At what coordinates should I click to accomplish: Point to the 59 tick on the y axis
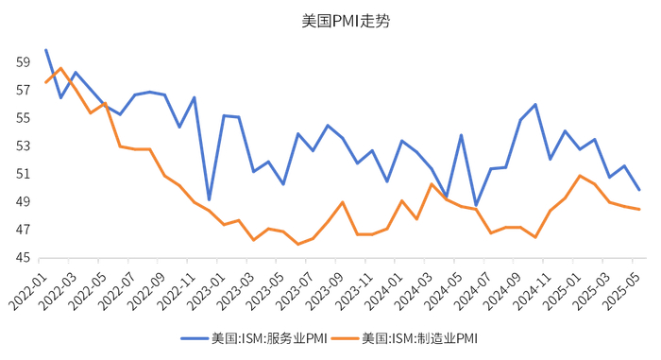coord(23,62)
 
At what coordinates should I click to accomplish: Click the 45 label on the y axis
coord(23,258)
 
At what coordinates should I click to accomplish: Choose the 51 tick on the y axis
coord(23,174)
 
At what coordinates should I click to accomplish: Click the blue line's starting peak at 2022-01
coord(45,50)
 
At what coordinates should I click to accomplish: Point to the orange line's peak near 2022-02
coord(60,68)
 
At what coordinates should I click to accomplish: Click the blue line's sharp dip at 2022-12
coord(209,199)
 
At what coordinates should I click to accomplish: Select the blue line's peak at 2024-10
coord(535,104)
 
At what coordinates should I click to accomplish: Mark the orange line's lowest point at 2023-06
coord(297,244)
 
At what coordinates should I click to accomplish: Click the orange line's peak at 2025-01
coord(580,176)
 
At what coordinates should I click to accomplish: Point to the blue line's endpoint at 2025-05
coord(639,190)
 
